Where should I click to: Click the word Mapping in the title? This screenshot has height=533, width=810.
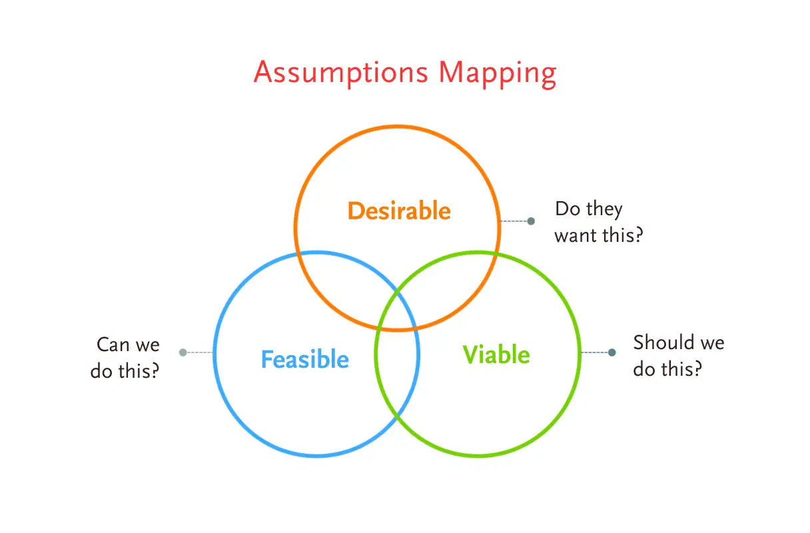tap(496, 73)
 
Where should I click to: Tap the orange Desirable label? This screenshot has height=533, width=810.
tap(399, 211)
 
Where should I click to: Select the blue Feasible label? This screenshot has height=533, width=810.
tap(304, 360)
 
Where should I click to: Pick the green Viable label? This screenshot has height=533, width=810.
tap(496, 354)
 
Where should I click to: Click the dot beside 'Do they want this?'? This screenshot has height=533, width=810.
tap(531, 221)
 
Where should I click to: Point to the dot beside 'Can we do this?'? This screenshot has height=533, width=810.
tap(183, 352)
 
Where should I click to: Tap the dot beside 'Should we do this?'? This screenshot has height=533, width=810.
tap(611, 352)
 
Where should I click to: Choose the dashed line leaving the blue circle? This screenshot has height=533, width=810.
tap(199, 352)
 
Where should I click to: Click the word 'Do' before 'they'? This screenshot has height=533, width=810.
tap(567, 209)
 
